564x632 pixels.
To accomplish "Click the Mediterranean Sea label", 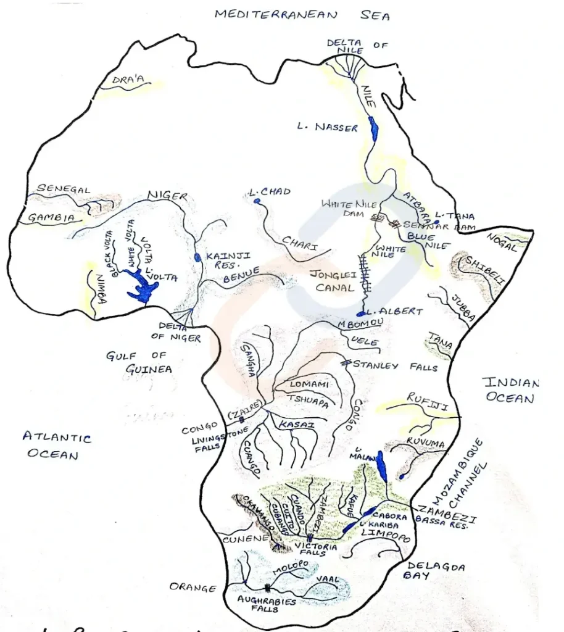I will click(x=302, y=15).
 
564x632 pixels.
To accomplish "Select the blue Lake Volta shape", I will click(x=143, y=287).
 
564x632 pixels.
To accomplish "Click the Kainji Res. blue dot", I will click(x=197, y=257).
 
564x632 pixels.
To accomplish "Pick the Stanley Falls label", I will click(x=395, y=366).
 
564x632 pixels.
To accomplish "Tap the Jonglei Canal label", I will click(x=334, y=281).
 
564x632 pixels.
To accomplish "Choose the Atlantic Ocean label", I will click(x=56, y=446).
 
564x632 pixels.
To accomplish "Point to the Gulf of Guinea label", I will click(x=137, y=362).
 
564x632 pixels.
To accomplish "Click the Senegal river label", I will click(x=64, y=189).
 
